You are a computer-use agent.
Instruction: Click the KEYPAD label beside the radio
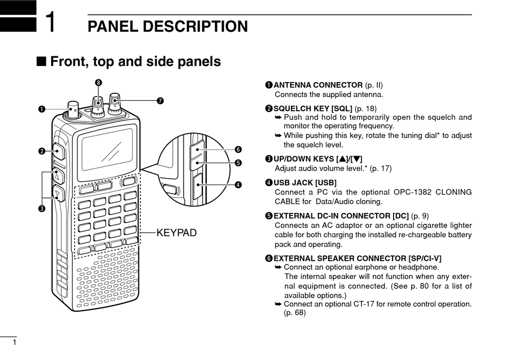pyautogui.click(x=177, y=233)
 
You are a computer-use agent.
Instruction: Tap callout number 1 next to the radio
pyautogui.click(x=41, y=109)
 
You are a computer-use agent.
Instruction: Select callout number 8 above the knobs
pyautogui.click(x=98, y=82)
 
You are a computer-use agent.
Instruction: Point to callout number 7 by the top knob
pyautogui.click(x=159, y=101)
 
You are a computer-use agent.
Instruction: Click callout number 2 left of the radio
pyautogui.click(x=41, y=151)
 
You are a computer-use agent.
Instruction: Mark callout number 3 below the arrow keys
pyautogui.click(x=41, y=208)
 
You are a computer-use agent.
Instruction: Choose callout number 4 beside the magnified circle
pyautogui.click(x=237, y=185)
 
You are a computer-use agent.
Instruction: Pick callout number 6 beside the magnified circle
pyautogui.click(x=237, y=149)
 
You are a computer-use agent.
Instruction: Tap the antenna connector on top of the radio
pyautogui.click(x=72, y=110)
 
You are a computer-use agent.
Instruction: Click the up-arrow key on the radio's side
pyautogui.click(x=57, y=176)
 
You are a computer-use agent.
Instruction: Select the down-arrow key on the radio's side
pyautogui.click(x=58, y=193)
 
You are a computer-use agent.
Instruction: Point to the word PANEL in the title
pyautogui.click(x=111, y=26)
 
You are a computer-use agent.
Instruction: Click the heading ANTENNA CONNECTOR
pyautogui.click(x=318, y=85)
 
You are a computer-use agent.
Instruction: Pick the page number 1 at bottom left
pyautogui.click(x=14, y=342)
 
